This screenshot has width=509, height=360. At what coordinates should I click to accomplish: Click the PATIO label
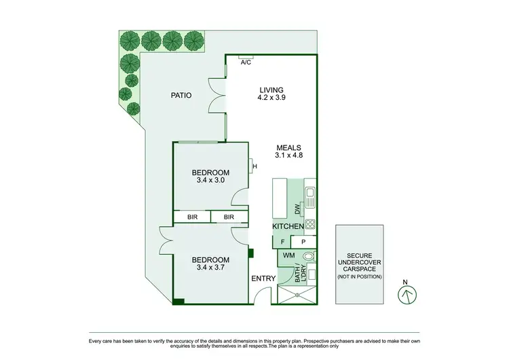[x=181, y=96]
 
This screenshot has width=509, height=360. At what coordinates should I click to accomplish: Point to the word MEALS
[x=288, y=147]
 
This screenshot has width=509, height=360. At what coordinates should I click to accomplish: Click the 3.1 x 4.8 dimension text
[x=288, y=156]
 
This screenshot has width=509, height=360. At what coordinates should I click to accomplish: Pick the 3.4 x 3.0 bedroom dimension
[x=210, y=181]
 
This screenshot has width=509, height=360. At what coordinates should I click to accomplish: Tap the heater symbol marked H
[x=254, y=166]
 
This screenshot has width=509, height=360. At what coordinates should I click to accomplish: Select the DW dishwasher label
[x=297, y=208]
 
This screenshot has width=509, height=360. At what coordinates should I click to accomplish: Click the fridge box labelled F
[x=282, y=241]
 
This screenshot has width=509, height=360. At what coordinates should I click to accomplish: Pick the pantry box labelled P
[x=303, y=241]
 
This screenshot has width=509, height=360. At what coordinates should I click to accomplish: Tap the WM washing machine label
[x=288, y=256]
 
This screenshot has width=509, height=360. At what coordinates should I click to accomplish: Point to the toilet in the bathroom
[x=309, y=257]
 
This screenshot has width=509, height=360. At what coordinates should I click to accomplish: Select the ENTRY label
[x=263, y=278]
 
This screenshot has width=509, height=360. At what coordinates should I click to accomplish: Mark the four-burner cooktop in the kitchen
[x=309, y=223]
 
